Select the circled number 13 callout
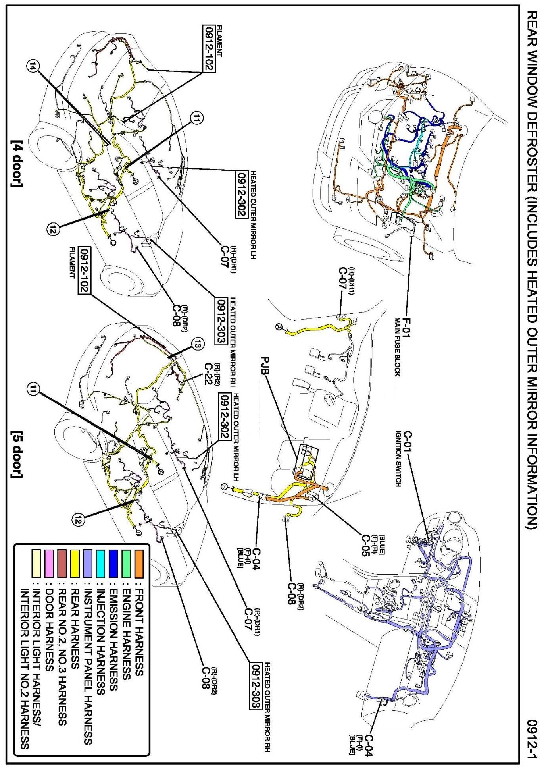coord(197,344)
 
